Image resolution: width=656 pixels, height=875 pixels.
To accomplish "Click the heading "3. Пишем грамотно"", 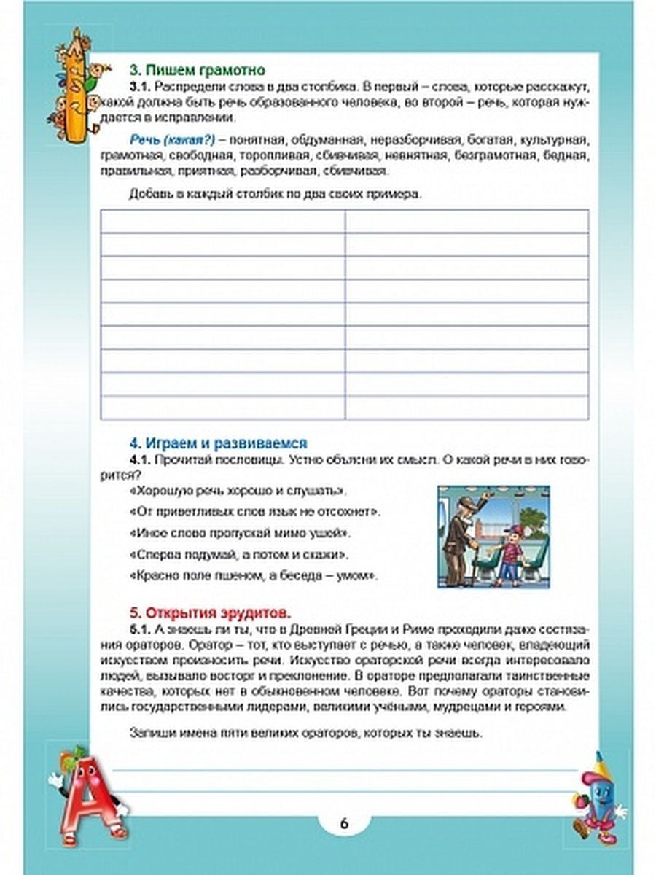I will (196, 70).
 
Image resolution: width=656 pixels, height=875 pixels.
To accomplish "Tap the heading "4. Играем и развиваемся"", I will (218, 443).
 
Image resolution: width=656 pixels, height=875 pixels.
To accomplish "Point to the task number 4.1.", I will (138, 460).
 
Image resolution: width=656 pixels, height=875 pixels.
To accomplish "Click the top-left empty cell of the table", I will (222, 221).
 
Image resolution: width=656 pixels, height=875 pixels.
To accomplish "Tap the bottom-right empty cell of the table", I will (466, 408).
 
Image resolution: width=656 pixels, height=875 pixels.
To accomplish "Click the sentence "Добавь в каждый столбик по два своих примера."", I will (276, 194).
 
